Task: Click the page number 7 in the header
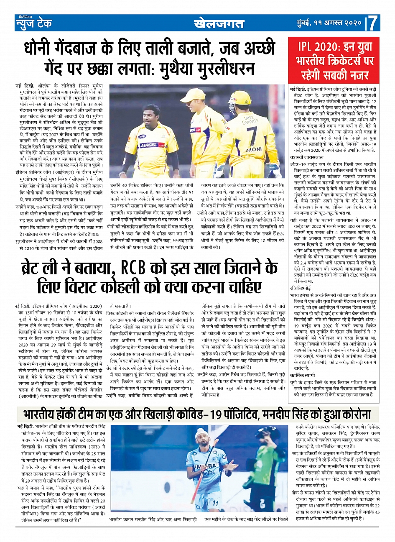pyautogui.click(x=373, y=23)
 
